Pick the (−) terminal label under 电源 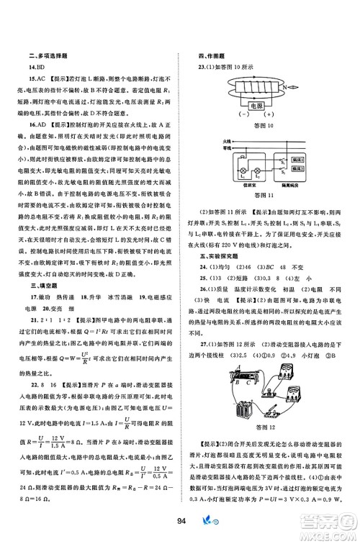point(241,115)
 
